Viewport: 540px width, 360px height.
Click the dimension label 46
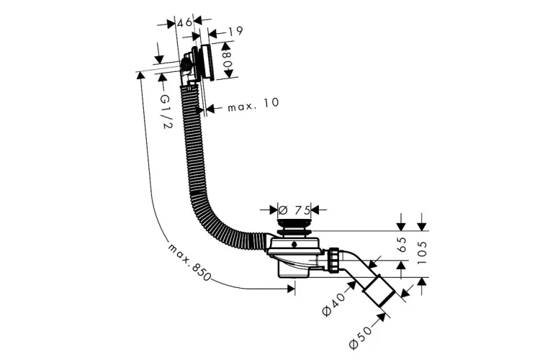tap(184, 22)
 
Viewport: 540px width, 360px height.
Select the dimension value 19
tap(235, 32)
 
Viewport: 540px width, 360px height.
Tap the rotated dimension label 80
tap(227, 59)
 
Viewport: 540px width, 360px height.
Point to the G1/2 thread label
tap(166, 112)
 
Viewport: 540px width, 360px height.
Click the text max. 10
tap(253, 104)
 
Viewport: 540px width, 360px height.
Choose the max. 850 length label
tap(189, 262)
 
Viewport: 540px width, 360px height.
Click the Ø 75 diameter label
tap(294, 209)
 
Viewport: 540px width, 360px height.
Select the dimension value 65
tap(402, 244)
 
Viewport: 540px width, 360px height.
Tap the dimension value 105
tap(422, 252)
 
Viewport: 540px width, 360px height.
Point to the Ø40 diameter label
tap(333, 304)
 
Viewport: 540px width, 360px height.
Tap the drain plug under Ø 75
tap(294, 226)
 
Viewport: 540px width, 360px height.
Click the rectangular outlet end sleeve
tap(379, 291)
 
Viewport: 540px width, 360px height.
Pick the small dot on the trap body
tap(294, 245)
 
